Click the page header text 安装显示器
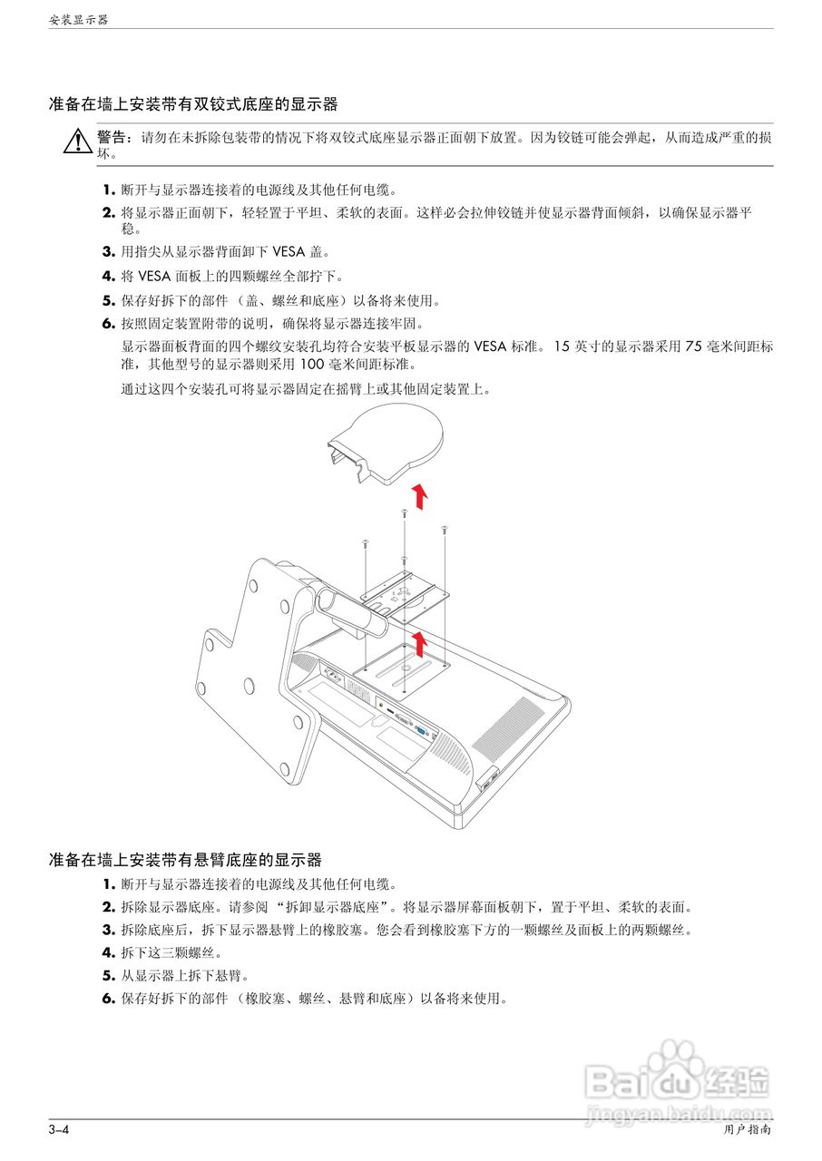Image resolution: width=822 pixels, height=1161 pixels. [x=78, y=19]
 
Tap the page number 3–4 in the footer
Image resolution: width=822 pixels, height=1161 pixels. [x=59, y=1130]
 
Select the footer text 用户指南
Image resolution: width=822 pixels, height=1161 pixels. [x=748, y=1130]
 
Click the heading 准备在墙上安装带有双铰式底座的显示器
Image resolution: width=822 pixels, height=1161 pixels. [x=193, y=105]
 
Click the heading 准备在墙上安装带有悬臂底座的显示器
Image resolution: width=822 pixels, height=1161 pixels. [x=185, y=859]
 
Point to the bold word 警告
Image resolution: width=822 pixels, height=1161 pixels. [x=113, y=137]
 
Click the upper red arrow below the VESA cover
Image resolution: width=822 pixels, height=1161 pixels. [x=418, y=497]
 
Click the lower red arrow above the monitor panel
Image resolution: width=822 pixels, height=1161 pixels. [x=418, y=643]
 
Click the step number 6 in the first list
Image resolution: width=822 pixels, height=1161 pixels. [x=108, y=323]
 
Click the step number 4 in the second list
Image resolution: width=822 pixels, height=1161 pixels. [x=108, y=952]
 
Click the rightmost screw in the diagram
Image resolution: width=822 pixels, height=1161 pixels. [x=444, y=530]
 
